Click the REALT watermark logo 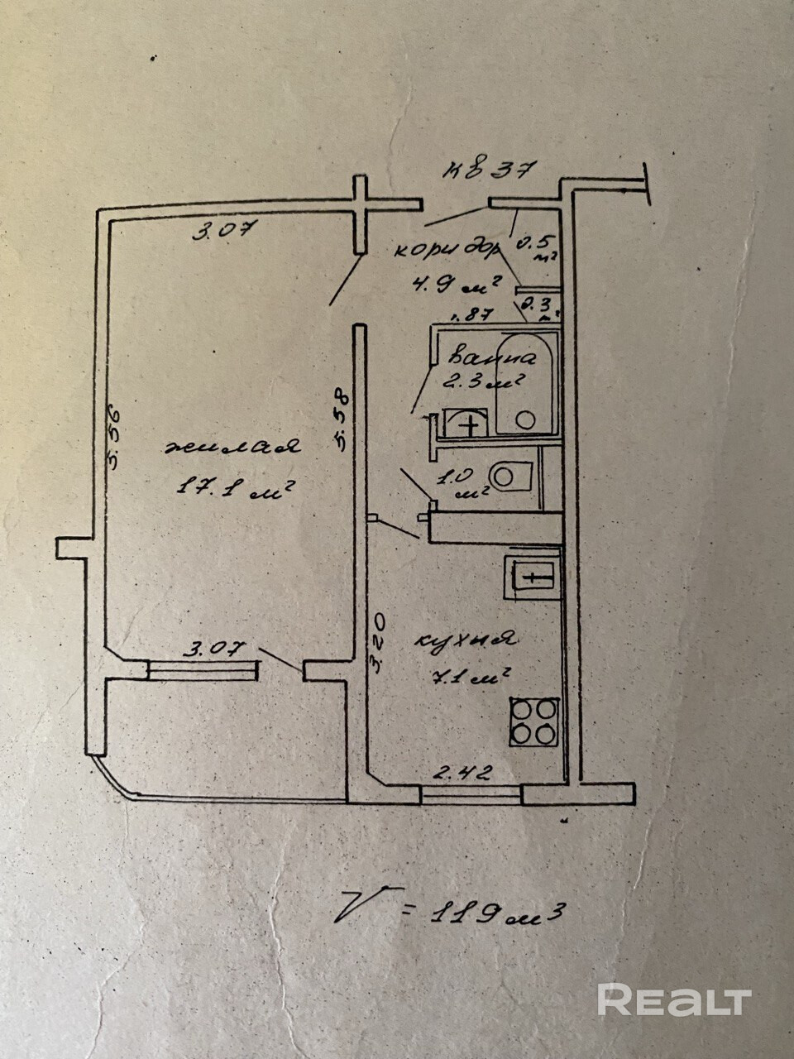[x=673, y=1000]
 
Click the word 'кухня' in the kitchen [x=464, y=640]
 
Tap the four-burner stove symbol [x=533, y=721]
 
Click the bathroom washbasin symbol [x=466, y=424]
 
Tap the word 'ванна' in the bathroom [x=491, y=358]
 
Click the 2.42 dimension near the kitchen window [x=464, y=774]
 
